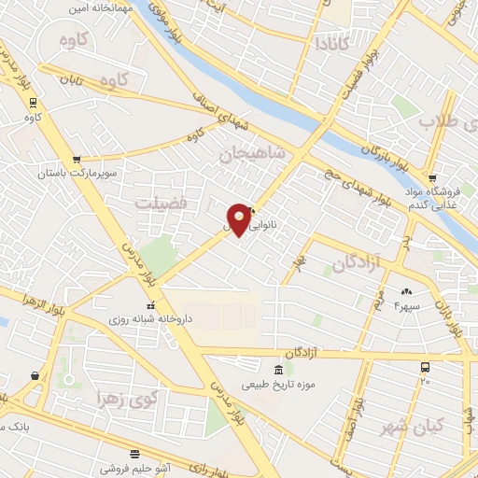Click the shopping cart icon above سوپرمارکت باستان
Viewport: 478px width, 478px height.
pos(77,159)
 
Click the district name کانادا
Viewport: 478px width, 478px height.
pos(332,44)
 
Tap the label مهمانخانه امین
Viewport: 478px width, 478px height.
pos(93,7)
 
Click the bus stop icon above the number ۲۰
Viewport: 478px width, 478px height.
pos(425,367)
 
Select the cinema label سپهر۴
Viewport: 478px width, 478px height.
pos(408,304)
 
